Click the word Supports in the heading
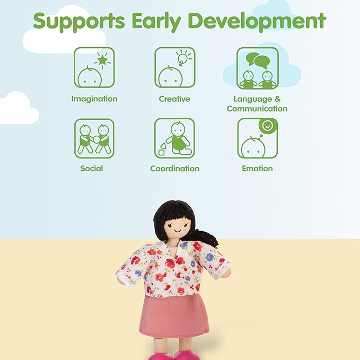click(x=79, y=22)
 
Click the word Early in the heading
click(x=156, y=21)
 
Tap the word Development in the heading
click(x=257, y=21)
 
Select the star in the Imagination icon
click(x=102, y=60)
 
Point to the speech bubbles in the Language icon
click(x=258, y=60)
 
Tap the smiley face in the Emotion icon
click(x=268, y=126)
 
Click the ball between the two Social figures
click(x=96, y=139)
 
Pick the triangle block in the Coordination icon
click(x=163, y=146)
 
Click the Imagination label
click(x=94, y=99)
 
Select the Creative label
click(x=174, y=99)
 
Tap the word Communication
click(x=257, y=109)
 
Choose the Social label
click(x=92, y=168)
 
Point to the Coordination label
click(x=175, y=169)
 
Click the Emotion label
click(x=257, y=169)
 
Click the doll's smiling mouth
click(x=178, y=230)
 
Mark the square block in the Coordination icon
click(x=161, y=153)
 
